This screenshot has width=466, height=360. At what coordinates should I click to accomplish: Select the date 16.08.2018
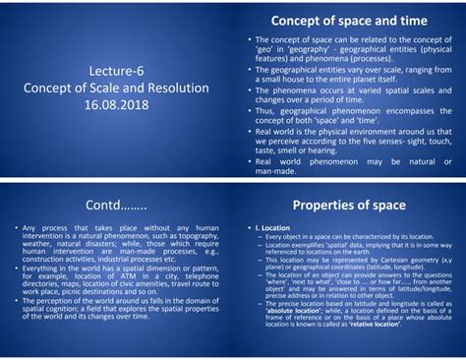(117, 102)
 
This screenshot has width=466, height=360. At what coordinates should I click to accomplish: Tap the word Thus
(262, 110)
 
